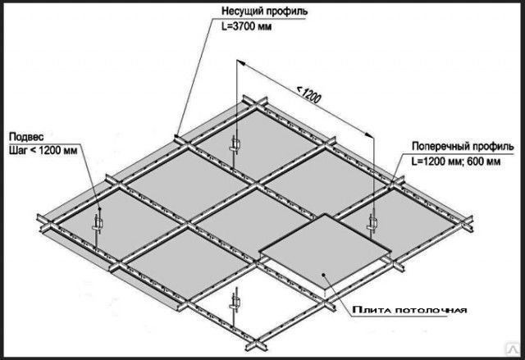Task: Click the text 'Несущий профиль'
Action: point(264,11)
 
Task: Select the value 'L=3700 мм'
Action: point(246,26)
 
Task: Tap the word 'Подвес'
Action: point(26,137)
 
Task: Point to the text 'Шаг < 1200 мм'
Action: point(43,150)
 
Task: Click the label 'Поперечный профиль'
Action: point(463,146)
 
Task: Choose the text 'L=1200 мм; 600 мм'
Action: point(456,162)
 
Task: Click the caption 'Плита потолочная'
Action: point(409,310)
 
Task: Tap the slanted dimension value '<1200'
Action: point(308,95)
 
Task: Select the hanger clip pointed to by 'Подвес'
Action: point(97,223)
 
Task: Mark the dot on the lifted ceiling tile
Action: point(324,275)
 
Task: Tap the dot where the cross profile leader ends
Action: point(390,188)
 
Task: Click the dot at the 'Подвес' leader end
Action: point(99,209)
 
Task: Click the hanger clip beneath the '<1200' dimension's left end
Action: point(235,144)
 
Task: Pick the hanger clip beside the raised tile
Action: point(372,222)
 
